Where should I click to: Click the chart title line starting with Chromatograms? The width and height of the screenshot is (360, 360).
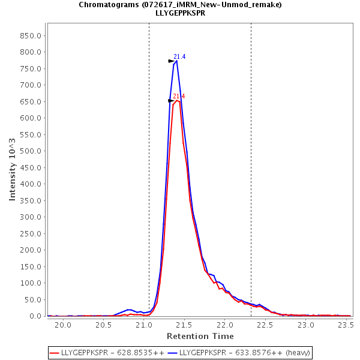click(x=180, y=4)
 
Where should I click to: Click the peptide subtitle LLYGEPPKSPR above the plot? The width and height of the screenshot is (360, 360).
click(x=180, y=13)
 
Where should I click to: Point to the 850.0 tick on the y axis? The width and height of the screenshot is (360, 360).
click(x=30, y=35)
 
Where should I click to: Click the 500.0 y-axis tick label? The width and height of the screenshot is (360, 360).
click(x=30, y=151)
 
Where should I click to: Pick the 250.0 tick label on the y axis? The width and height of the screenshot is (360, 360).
click(x=30, y=233)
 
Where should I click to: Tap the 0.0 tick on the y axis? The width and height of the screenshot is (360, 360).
click(x=35, y=316)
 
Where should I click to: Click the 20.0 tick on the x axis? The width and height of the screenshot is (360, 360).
click(x=62, y=325)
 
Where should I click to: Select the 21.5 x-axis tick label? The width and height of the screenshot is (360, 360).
click(x=184, y=325)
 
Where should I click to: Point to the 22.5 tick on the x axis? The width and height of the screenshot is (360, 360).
click(x=265, y=325)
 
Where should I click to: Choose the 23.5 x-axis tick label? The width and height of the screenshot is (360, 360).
click(x=346, y=325)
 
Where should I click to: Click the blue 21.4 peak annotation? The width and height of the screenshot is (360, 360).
click(x=179, y=57)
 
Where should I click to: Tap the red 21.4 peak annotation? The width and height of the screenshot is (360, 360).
click(x=179, y=97)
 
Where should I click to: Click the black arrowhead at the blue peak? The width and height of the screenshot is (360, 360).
click(x=171, y=61)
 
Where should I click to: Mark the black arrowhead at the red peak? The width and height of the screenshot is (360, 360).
click(x=171, y=101)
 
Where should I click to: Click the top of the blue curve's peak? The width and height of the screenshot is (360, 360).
click(x=176, y=61)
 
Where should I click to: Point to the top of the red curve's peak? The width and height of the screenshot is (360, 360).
click(x=176, y=100)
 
